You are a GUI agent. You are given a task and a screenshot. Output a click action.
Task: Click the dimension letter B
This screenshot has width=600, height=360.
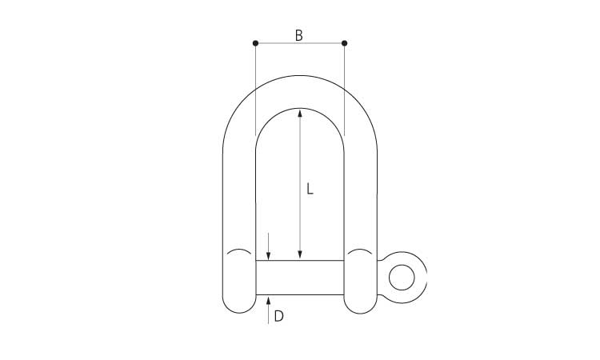(299, 35)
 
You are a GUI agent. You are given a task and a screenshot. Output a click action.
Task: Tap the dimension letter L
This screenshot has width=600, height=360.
(310, 190)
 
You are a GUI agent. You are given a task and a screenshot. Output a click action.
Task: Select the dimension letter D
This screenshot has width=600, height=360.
(278, 316)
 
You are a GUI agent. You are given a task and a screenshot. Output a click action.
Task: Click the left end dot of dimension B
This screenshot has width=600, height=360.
(255, 42)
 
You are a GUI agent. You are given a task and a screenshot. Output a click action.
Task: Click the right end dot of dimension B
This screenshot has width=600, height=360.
(344, 42)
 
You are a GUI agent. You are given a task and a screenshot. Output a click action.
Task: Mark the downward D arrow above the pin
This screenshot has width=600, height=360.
(269, 254)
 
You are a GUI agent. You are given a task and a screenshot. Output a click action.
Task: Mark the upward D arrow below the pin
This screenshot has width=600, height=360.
(269, 302)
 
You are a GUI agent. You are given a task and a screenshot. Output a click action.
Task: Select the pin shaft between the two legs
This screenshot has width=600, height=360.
(300, 278)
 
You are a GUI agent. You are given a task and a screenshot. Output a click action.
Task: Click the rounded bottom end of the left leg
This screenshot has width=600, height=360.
(238, 305)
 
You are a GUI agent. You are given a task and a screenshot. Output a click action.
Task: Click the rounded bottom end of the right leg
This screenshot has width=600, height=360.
(360, 305)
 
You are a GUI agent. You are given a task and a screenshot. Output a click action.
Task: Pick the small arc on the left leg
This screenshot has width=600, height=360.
(238, 254)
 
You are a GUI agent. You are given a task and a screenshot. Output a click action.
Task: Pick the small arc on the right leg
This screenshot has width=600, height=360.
(360, 254)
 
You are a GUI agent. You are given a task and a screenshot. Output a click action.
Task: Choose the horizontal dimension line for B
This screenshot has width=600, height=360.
(280, 42)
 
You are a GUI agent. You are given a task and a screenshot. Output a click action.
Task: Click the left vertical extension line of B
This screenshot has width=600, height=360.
(255, 88)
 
